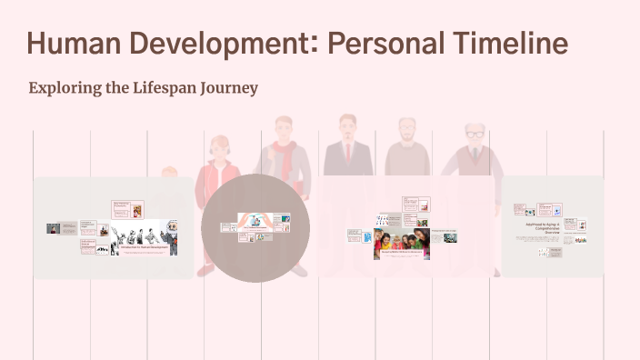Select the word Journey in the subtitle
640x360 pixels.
pyautogui.click(x=232, y=88)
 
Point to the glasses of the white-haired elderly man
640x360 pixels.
pyautogui.click(x=474, y=135)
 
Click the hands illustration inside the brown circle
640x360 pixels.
pyautogui.click(x=255, y=220)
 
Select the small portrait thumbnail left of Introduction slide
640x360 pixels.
pyautogui.click(x=55, y=228)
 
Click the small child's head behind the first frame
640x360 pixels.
pyautogui.click(x=169, y=172)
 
